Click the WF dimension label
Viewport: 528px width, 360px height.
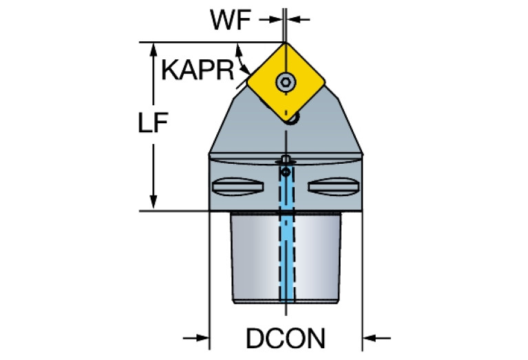(x=231, y=19)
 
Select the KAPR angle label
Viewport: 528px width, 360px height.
(x=198, y=70)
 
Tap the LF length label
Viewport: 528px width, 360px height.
(x=154, y=123)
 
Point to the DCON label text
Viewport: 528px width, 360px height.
(x=286, y=338)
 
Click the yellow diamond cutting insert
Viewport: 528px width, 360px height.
(x=286, y=82)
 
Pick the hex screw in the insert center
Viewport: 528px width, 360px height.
(x=286, y=82)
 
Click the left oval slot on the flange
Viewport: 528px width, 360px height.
(x=237, y=187)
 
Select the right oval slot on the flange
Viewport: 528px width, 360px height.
(x=334, y=187)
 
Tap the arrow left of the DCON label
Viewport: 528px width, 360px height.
(x=196, y=337)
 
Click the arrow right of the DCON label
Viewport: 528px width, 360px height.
(x=377, y=337)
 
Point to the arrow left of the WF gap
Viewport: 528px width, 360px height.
(x=271, y=19)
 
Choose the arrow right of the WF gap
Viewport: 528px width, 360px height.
(x=298, y=19)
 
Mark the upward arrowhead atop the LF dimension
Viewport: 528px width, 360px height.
(x=154, y=50)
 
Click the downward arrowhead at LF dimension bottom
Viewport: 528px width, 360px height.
(x=154, y=203)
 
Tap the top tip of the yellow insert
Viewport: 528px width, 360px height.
(x=285, y=43)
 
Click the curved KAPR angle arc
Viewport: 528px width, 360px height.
(x=242, y=60)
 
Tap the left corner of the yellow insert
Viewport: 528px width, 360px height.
(x=248, y=82)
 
